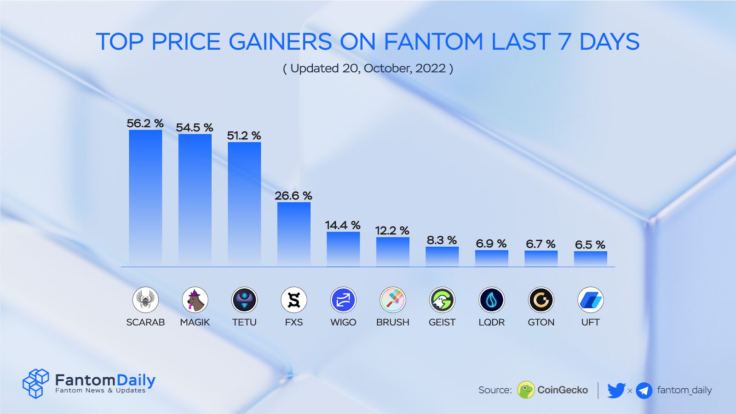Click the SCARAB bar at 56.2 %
(x=145, y=198)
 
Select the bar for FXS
(x=293, y=234)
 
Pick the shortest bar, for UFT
(x=590, y=259)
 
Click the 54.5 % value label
(x=194, y=127)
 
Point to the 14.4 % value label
(x=343, y=225)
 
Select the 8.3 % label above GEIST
(x=442, y=240)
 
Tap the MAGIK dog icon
(x=195, y=300)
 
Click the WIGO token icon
(x=343, y=300)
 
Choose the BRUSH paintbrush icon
(x=392, y=300)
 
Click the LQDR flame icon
(x=491, y=300)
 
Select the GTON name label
(x=541, y=322)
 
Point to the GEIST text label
(x=442, y=322)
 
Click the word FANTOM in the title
(x=433, y=42)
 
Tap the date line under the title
(x=368, y=68)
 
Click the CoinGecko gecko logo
(x=526, y=390)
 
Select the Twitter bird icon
(x=616, y=390)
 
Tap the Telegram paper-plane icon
(x=644, y=391)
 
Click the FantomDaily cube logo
(x=35, y=383)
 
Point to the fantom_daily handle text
(x=684, y=390)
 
